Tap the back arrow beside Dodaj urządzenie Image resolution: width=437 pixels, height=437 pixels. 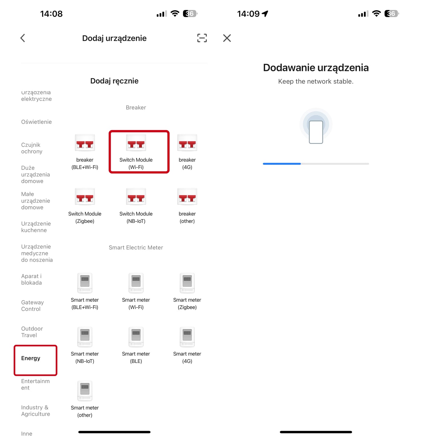tap(23, 38)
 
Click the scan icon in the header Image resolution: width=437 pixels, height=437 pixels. tap(202, 38)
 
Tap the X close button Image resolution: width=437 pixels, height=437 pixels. tap(227, 38)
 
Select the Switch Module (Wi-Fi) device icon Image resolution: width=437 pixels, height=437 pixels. tap(136, 143)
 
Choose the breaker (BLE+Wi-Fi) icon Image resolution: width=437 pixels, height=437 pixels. tap(85, 143)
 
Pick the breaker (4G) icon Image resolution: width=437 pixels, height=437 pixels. tap(187, 143)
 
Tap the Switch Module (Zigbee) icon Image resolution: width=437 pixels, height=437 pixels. tap(85, 197)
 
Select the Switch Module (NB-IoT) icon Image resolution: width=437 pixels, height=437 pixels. tap(136, 197)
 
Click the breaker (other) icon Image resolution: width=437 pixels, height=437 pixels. tap(187, 197)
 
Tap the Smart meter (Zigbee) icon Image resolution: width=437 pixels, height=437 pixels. tap(187, 283)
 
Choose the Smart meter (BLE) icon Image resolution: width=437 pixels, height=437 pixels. tap(136, 337)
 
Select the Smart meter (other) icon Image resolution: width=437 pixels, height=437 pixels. tap(85, 390)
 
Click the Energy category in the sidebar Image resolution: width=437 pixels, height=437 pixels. tap(31, 358)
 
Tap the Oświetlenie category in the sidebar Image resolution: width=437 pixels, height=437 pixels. tap(36, 122)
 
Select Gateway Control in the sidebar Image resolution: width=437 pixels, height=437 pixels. tap(32, 305)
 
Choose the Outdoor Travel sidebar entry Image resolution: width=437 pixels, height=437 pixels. tap(32, 332)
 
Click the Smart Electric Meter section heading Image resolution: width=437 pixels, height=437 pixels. tap(136, 248)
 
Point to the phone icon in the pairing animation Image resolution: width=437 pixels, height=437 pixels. tap(316, 132)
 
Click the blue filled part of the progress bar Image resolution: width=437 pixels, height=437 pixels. tap(282, 164)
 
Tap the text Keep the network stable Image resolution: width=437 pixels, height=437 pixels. tap(316, 82)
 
